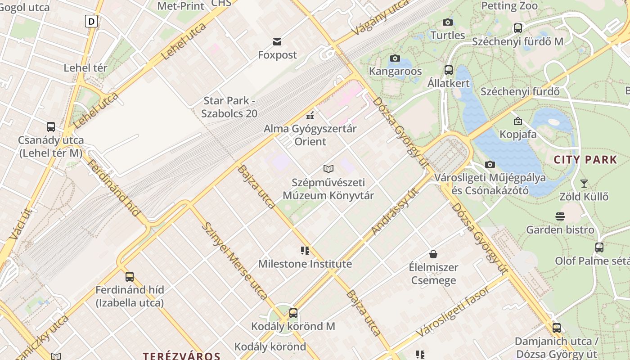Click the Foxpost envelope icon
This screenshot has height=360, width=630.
[277, 42]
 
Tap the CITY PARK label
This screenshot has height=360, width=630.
[585, 159]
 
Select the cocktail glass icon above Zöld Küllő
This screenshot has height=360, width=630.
[584, 183]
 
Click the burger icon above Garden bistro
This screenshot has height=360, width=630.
[560, 217]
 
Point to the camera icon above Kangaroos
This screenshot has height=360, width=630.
[395, 58]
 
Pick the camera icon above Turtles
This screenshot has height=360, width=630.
[447, 22]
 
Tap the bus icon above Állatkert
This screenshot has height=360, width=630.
[448, 70]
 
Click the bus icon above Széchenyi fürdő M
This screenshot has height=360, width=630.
[517, 28]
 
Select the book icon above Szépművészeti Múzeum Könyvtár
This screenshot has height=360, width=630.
[328, 169]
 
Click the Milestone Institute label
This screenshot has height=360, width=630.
[305, 264]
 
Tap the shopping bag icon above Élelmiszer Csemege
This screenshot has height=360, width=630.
[433, 254]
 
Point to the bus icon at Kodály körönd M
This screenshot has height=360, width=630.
[293, 313]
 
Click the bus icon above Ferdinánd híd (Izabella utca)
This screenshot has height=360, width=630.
[130, 276]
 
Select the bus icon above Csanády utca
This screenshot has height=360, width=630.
[50, 127]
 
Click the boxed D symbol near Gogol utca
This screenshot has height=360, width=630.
[91, 21]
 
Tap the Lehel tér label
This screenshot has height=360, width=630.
[85, 68]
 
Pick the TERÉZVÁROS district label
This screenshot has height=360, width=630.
[181, 356]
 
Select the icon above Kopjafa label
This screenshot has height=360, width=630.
[517, 121]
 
